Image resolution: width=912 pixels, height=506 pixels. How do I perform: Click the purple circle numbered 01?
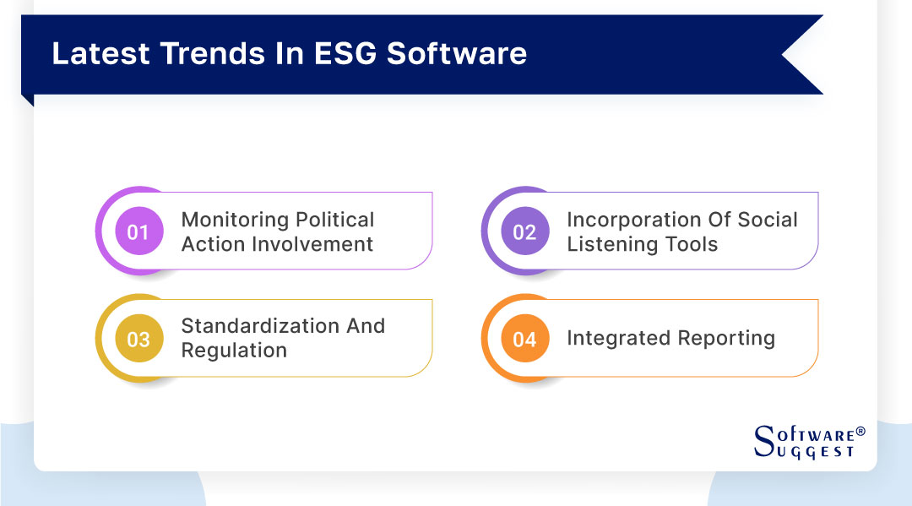138,231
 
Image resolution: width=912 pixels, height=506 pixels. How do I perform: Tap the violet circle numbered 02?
524,231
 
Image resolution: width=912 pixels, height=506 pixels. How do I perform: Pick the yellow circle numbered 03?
138,339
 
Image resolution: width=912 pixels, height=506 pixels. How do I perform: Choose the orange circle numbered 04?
524,339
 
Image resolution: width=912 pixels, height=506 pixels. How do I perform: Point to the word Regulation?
234,351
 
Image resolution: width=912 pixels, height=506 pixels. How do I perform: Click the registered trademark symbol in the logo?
860,431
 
